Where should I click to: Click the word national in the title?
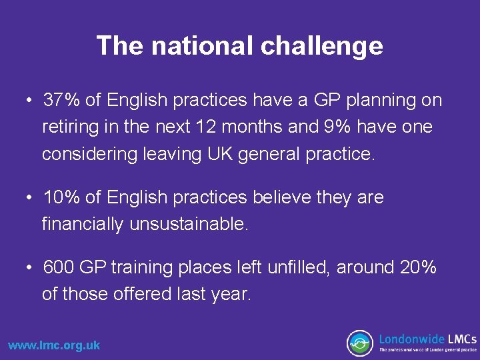coord(203,46)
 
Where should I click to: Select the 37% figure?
coord(62,100)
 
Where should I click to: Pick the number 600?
coord(59,267)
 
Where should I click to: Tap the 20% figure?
coord(418,267)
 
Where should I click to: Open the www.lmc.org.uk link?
coord(54,345)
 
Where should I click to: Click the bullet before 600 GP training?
coord(31,267)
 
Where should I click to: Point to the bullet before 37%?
coord(31,100)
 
